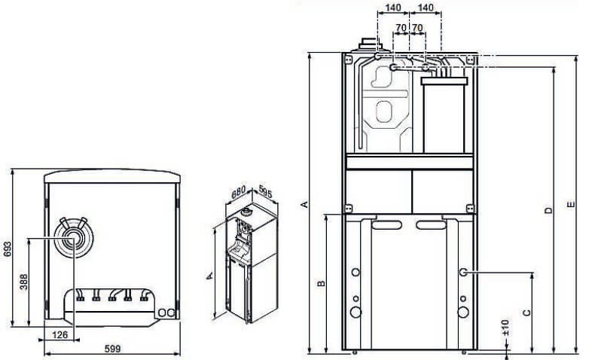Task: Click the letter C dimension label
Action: (x=526, y=311)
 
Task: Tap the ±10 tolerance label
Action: (x=505, y=326)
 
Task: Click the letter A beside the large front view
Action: (x=304, y=203)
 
